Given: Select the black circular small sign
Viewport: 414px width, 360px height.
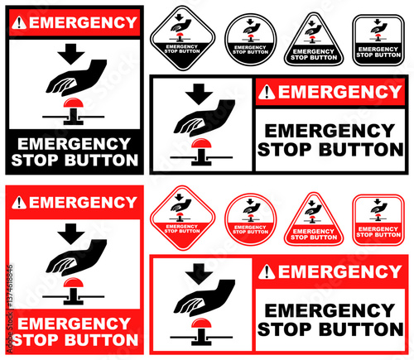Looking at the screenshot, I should [246, 39].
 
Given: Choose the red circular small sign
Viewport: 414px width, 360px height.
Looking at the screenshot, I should [246, 219].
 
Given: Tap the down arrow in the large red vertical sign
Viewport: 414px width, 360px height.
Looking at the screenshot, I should [69, 233].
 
